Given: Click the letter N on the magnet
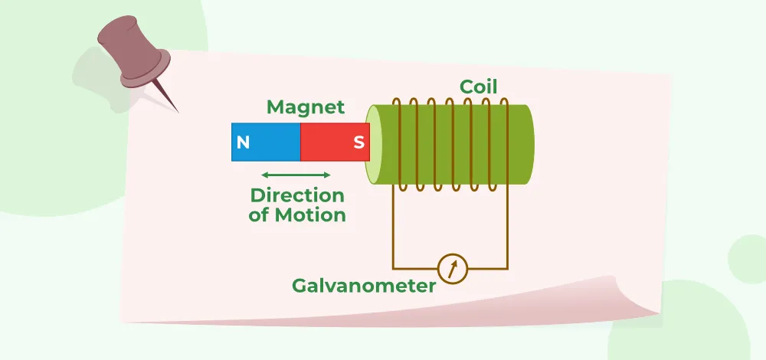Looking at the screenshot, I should click(243, 142).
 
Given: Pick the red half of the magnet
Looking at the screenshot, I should click(329, 142).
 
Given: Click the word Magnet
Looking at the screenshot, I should click(306, 107).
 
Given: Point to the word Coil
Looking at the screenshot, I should click(479, 87).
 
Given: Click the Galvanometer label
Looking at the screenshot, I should click(364, 286).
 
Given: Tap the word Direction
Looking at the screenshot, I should click(297, 195).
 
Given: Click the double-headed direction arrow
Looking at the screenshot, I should click(296, 174).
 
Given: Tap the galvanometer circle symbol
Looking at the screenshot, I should click(451, 269).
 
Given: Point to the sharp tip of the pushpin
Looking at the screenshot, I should click(178, 112).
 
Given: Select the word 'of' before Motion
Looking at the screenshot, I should click(259, 215).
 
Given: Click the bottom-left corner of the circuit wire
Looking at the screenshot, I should click(394, 269).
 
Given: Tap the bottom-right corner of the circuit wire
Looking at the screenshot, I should click(507, 269).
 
